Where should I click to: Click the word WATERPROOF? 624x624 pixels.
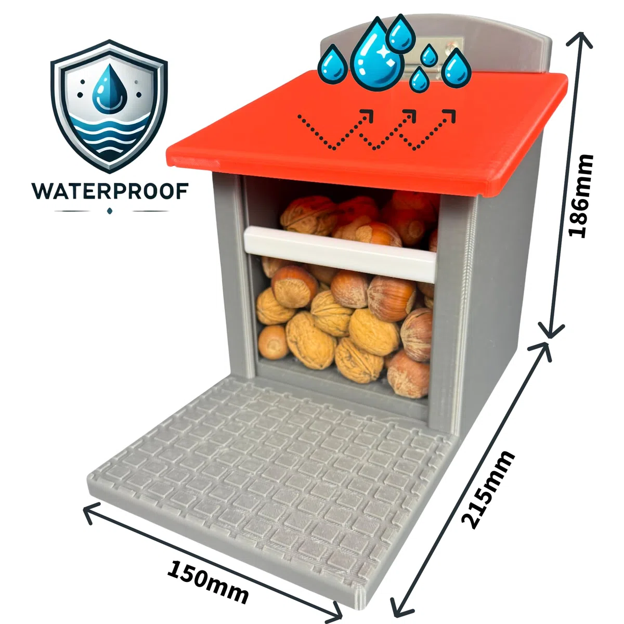(x=110, y=191)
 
